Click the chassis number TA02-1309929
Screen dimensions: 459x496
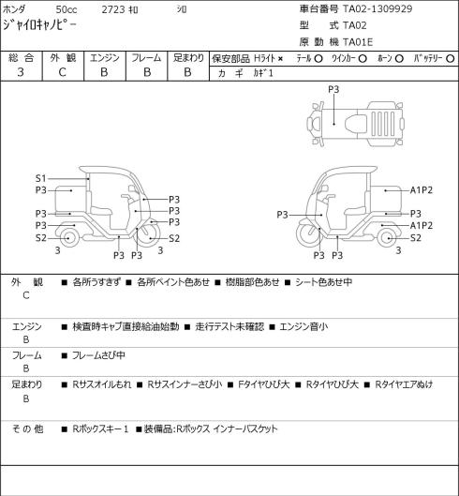[378, 8]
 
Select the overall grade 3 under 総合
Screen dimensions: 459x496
[21, 72]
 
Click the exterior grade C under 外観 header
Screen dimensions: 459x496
[62, 72]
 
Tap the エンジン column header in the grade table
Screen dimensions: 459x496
[105, 58]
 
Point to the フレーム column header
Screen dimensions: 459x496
[146, 58]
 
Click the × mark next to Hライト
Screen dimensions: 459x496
[280, 59]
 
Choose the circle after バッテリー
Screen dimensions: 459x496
[451, 59]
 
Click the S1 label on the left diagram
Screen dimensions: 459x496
[41, 179]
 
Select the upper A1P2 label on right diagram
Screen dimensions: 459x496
[422, 190]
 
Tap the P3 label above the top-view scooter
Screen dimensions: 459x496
[333, 89]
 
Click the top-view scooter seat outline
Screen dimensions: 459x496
[356, 123]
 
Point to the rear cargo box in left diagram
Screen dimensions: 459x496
[70, 200]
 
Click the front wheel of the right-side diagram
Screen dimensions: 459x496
[307, 234]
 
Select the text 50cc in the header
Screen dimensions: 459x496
[67, 9]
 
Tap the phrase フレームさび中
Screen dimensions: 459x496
[98, 355]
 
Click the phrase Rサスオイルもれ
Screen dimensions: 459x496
[102, 384]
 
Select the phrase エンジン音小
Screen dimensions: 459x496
[304, 326]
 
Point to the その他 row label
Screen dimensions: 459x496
[27, 429]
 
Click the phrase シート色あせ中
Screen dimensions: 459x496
[323, 282]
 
